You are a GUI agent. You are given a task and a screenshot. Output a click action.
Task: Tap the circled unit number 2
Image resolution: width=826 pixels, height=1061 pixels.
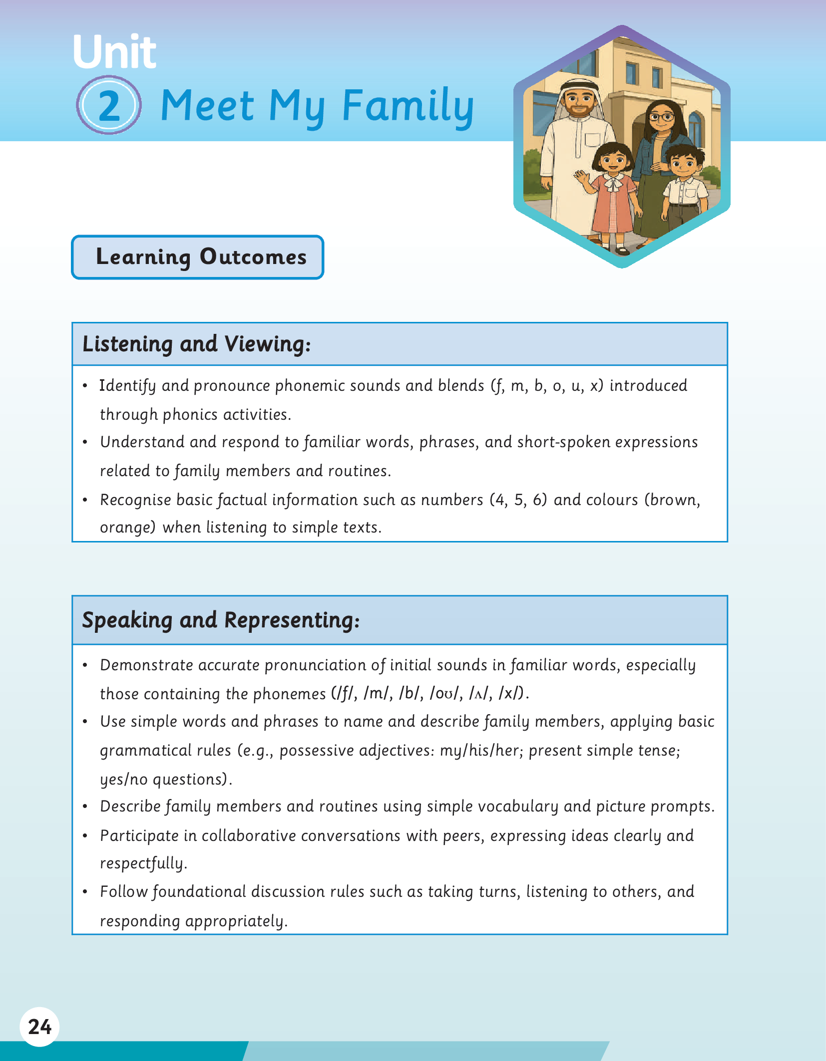pyautogui.click(x=109, y=106)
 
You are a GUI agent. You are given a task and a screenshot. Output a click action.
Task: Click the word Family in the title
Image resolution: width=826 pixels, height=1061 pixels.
pyautogui.click(x=408, y=106)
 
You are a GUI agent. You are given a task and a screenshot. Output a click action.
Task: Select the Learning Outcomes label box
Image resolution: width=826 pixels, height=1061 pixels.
pyautogui.click(x=198, y=257)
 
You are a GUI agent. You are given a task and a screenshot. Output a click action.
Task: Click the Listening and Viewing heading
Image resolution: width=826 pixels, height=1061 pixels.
pyautogui.click(x=196, y=344)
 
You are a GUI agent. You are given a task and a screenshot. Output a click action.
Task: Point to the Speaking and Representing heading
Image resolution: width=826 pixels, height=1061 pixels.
pyautogui.click(x=221, y=620)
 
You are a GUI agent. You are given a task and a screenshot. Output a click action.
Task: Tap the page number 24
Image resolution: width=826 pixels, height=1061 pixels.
pyautogui.click(x=39, y=1027)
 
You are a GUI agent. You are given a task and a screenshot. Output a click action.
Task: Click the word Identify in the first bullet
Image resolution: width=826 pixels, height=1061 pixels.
pyautogui.click(x=127, y=386)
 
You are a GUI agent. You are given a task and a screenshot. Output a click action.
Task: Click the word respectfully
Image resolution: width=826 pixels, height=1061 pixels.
pyautogui.click(x=143, y=863)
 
